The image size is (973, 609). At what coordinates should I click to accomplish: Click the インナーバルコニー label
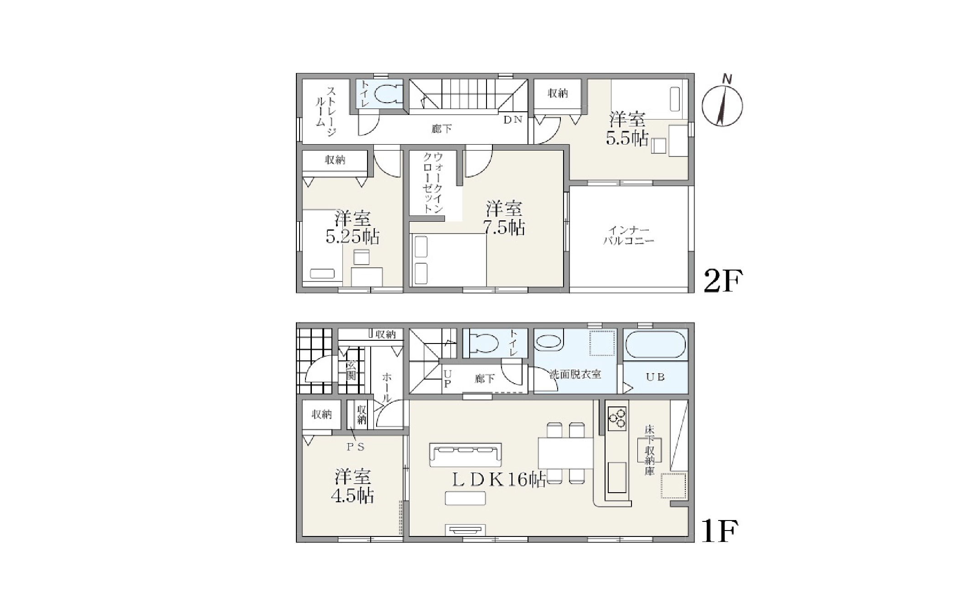point(629,236)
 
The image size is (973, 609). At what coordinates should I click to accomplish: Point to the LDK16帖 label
point(499,479)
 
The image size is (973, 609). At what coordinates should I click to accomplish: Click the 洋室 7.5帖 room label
point(504,218)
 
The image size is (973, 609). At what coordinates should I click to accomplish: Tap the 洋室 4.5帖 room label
point(352,486)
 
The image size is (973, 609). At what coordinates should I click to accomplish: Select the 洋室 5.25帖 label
point(352,228)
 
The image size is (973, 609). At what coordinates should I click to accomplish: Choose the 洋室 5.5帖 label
point(627,129)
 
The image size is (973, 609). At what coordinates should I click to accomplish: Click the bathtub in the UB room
point(656,345)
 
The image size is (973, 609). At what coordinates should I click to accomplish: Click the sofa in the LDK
point(466,455)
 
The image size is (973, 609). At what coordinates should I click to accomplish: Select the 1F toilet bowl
point(483,344)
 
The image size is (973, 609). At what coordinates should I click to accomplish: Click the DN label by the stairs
point(513,120)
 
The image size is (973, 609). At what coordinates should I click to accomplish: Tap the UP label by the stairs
point(447,379)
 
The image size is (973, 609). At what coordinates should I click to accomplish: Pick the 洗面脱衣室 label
point(575,375)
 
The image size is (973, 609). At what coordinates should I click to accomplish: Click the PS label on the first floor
point(356,447)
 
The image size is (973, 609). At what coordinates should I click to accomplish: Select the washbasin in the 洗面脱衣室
point(549,342)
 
